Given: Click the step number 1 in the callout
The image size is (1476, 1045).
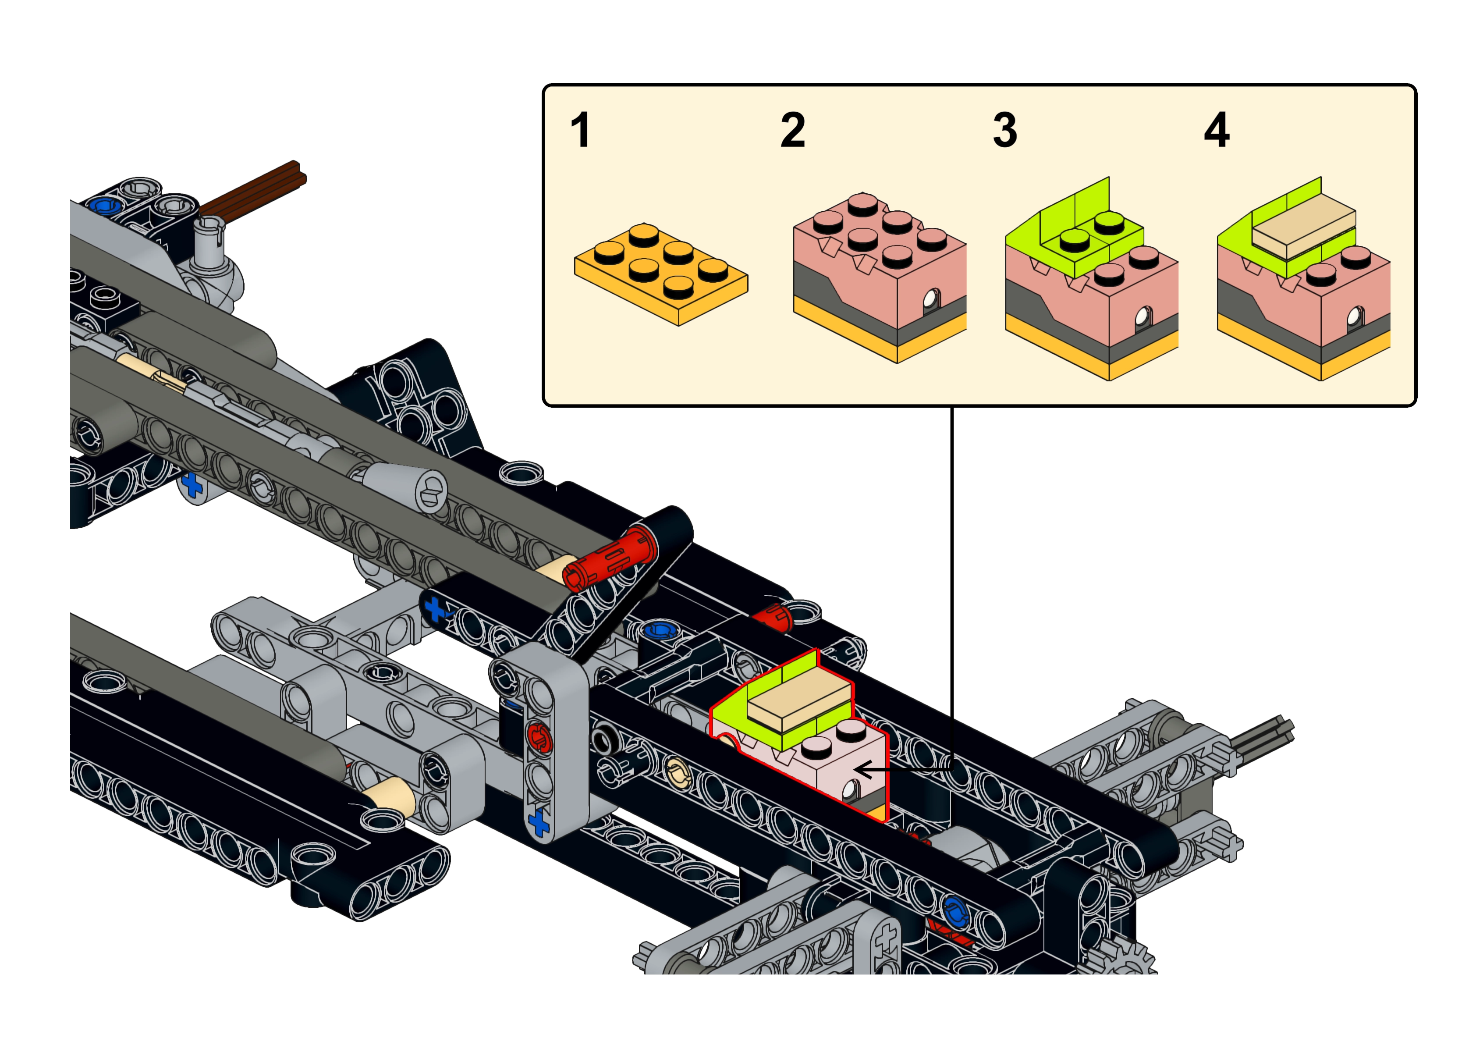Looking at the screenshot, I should (580, 131).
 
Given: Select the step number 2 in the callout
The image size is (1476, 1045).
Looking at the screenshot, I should (792, 131).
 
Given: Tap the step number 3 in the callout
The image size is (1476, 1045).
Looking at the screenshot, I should (1004, 131).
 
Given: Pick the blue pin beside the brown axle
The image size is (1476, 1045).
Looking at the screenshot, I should (103, 206).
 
